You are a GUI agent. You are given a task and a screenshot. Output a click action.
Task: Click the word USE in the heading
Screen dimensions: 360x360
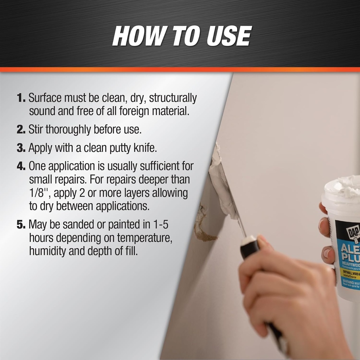tap(228, 36)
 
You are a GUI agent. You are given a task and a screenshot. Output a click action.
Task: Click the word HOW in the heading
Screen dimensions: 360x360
tap(137, 36)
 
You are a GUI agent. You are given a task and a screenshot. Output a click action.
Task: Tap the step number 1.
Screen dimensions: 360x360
tap(21, 98)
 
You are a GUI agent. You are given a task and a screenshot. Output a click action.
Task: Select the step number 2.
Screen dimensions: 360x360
tap(21, 129)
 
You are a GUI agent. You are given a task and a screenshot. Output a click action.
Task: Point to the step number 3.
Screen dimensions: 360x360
tap(21, 148)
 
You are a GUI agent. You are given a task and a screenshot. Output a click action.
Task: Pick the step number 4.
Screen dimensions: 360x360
tap(21, 166)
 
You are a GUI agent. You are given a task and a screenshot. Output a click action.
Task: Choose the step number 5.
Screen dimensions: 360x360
tap(21, 224)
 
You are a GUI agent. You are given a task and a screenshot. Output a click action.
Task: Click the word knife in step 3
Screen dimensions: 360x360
tap(145, 148)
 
